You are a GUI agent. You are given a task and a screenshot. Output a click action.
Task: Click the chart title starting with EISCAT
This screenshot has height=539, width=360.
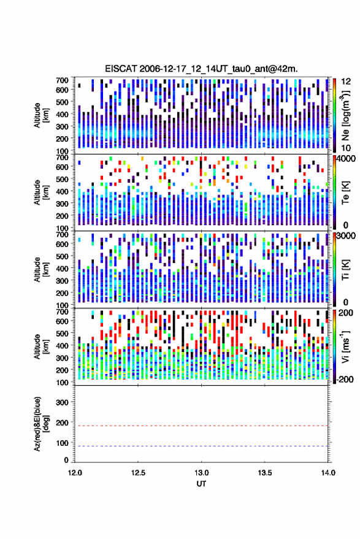201,69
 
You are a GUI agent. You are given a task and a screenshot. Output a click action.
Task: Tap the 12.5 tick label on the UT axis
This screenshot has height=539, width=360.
138,473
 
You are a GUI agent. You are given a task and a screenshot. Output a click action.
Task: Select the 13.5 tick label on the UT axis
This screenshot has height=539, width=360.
264,473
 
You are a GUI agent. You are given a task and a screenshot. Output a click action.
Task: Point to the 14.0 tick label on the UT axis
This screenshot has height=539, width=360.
328,473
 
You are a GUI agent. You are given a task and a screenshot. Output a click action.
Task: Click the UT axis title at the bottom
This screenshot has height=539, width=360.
201,484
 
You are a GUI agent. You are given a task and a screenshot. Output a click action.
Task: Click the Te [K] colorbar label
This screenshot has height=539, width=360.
345,193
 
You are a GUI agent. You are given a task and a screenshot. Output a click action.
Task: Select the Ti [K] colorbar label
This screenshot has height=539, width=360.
345,270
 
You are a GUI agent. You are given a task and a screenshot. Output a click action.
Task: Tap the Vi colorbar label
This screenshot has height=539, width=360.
345,346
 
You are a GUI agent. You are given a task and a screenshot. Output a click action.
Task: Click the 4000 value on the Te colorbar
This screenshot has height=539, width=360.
345,159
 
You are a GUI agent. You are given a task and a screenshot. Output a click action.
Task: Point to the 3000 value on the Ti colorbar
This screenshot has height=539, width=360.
345,236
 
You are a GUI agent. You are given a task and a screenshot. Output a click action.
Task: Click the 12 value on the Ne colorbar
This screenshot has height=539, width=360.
346,82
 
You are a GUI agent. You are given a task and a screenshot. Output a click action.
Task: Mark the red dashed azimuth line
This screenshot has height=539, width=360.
201,426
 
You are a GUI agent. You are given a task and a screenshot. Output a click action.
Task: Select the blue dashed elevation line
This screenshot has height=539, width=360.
201,446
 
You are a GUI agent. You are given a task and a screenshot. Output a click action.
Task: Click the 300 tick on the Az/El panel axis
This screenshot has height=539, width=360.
62,402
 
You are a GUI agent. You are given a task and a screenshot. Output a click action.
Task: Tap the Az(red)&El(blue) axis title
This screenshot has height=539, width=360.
41,424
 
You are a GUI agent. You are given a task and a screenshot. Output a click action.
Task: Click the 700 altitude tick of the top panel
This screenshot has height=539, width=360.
62,80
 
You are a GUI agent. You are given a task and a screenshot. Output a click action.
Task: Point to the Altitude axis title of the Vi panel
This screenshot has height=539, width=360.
41,346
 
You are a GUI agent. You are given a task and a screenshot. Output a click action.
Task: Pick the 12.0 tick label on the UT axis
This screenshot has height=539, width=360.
75,473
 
